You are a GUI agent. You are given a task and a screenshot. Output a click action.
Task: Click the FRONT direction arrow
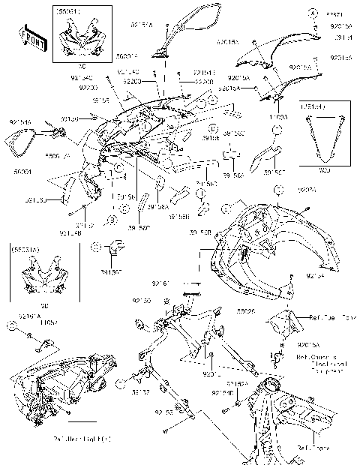[31, 37]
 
